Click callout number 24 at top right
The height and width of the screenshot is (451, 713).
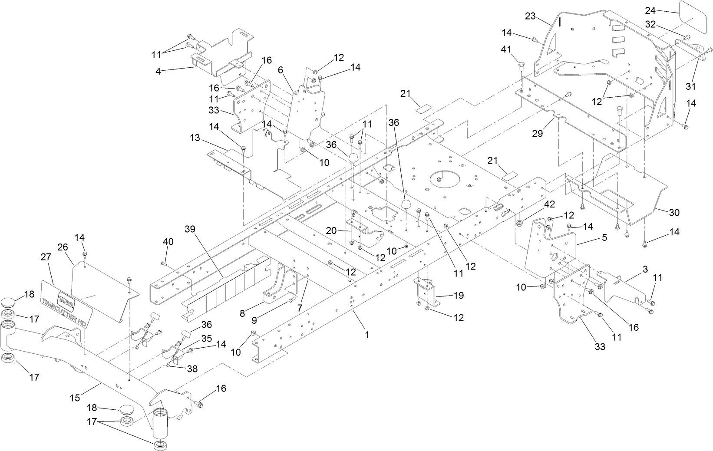(x=663, y=10)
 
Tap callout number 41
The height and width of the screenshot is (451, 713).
(x=506, y=50)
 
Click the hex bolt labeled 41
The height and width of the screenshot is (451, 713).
(x=522, y=66)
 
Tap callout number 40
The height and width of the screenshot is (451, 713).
(x=168, y=241)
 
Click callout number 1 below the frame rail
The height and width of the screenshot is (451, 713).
(x=367, y=335)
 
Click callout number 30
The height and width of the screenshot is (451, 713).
(x=674, y=213)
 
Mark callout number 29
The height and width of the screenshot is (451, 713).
(x=537, y=134)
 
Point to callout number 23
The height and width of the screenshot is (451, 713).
(x=530, y=16)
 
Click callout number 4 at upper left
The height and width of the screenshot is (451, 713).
(x=158, y=71)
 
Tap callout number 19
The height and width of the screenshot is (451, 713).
(x=458, y=296)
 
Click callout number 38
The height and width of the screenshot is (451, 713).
(x=192, y=369)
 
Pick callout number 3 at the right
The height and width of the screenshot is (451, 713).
(x=645, y=269)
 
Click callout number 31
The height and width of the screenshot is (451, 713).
(x=690, y=86)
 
